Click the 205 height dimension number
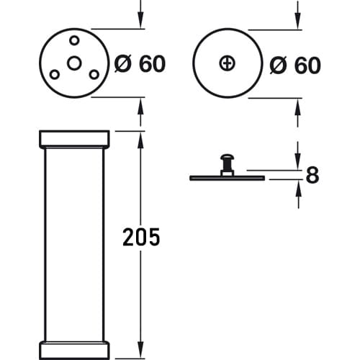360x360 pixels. [x=141, y=237]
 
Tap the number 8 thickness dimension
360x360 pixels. [x=312, y=175]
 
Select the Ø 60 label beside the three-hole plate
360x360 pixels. [x=140, y=64]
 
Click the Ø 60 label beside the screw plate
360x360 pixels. [x=295, y=65]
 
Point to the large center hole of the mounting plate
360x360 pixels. [x=74, y=63]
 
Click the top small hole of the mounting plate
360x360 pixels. [x=74, y=40]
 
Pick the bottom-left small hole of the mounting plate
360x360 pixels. [x=55, y=75]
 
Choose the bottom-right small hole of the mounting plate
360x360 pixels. [x=94, y=75]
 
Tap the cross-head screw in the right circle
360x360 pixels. [x=227, y=63]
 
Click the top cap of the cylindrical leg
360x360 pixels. [x=74, y=139]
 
